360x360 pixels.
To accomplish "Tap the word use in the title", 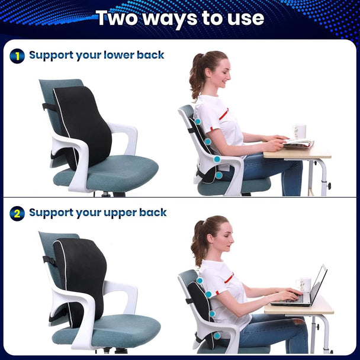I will pyautogui.click(x=243, y=18).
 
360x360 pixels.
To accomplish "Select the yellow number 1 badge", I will pyautogui.click(x=17, y=56).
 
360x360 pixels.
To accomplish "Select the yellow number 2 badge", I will pyautogui.click(x=17, y=213).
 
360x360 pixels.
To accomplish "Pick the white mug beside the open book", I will pyautogui.click(x=300, y=131).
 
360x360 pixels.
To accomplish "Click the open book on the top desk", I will pyautogui.click(x=298, y=143).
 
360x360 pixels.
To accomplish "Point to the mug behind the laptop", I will pyautogui.click(x=304, y=285).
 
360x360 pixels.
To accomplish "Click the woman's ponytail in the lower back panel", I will pyautogui.click(x=195, y=77).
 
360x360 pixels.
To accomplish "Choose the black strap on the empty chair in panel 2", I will pyautogui.click(x=49, y=260).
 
